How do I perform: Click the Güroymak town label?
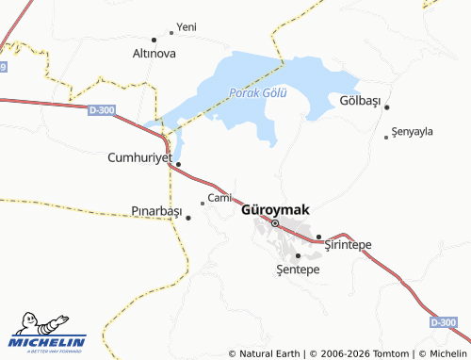275,209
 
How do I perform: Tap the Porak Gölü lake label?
257,92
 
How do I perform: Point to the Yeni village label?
187,27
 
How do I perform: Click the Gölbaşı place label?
357,101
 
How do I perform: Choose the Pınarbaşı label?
156,211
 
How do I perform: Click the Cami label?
219,198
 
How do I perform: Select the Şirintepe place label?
348,245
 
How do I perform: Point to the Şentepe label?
299,270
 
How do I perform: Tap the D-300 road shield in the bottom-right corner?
443,322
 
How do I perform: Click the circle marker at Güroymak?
275,223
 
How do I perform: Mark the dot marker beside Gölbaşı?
386,106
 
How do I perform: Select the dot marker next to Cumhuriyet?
178,164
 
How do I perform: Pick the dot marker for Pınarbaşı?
188,218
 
